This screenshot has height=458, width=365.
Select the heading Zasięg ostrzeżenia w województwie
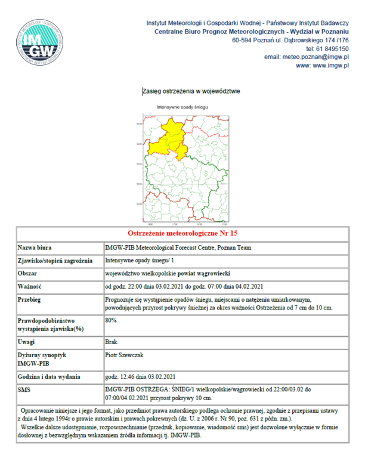[191, 91]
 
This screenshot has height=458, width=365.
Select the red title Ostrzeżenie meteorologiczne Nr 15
[182, 233]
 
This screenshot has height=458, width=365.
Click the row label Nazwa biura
[36, 247]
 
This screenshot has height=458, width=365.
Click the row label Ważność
[32, 286]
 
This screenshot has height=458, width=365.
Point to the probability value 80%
[110, 320]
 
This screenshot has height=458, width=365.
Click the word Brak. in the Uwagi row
[112, 342]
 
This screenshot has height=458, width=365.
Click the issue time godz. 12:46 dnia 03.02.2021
[140, 377]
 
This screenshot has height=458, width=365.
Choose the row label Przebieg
[33, 299]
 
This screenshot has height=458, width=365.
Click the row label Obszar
[30, 273]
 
